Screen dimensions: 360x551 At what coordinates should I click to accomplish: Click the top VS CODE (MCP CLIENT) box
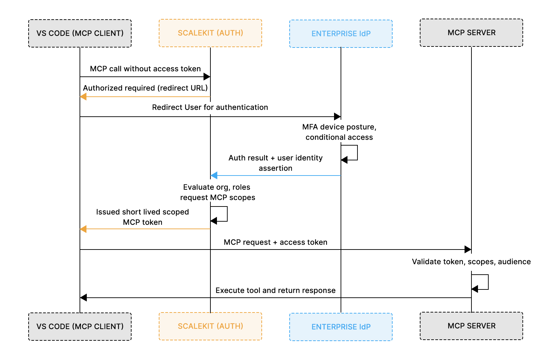coord(80,33)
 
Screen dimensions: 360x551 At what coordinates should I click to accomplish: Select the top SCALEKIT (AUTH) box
coord(210,33)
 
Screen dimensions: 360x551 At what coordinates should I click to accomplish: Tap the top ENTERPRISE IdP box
coord(341,34)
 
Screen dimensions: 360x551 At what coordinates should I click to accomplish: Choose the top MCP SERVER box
coord(471,33)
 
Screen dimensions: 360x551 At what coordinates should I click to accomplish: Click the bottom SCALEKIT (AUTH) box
coord(210,326)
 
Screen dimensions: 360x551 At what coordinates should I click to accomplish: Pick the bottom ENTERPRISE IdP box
coord(341,327)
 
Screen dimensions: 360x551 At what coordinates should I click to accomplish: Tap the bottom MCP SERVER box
coord(471,326)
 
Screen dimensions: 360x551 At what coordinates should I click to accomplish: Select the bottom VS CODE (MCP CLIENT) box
coord(80,327)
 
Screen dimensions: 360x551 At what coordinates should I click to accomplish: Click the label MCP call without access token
coord(145,69)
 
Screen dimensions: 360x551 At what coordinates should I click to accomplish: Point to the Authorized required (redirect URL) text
coord(145,88)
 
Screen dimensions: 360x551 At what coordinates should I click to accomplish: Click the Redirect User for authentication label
coord(210,107)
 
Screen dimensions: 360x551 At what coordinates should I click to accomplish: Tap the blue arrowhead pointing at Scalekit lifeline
coord(214,176)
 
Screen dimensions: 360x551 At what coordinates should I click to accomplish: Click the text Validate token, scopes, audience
coord(471,262)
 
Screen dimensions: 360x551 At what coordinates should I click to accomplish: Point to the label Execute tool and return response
coord(275,290)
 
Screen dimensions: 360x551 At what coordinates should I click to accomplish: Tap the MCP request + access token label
coord(275,242)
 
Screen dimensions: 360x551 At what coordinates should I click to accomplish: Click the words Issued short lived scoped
coord(143,212)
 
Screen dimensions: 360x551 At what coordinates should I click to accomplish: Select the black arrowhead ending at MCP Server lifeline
coord(468,250)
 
